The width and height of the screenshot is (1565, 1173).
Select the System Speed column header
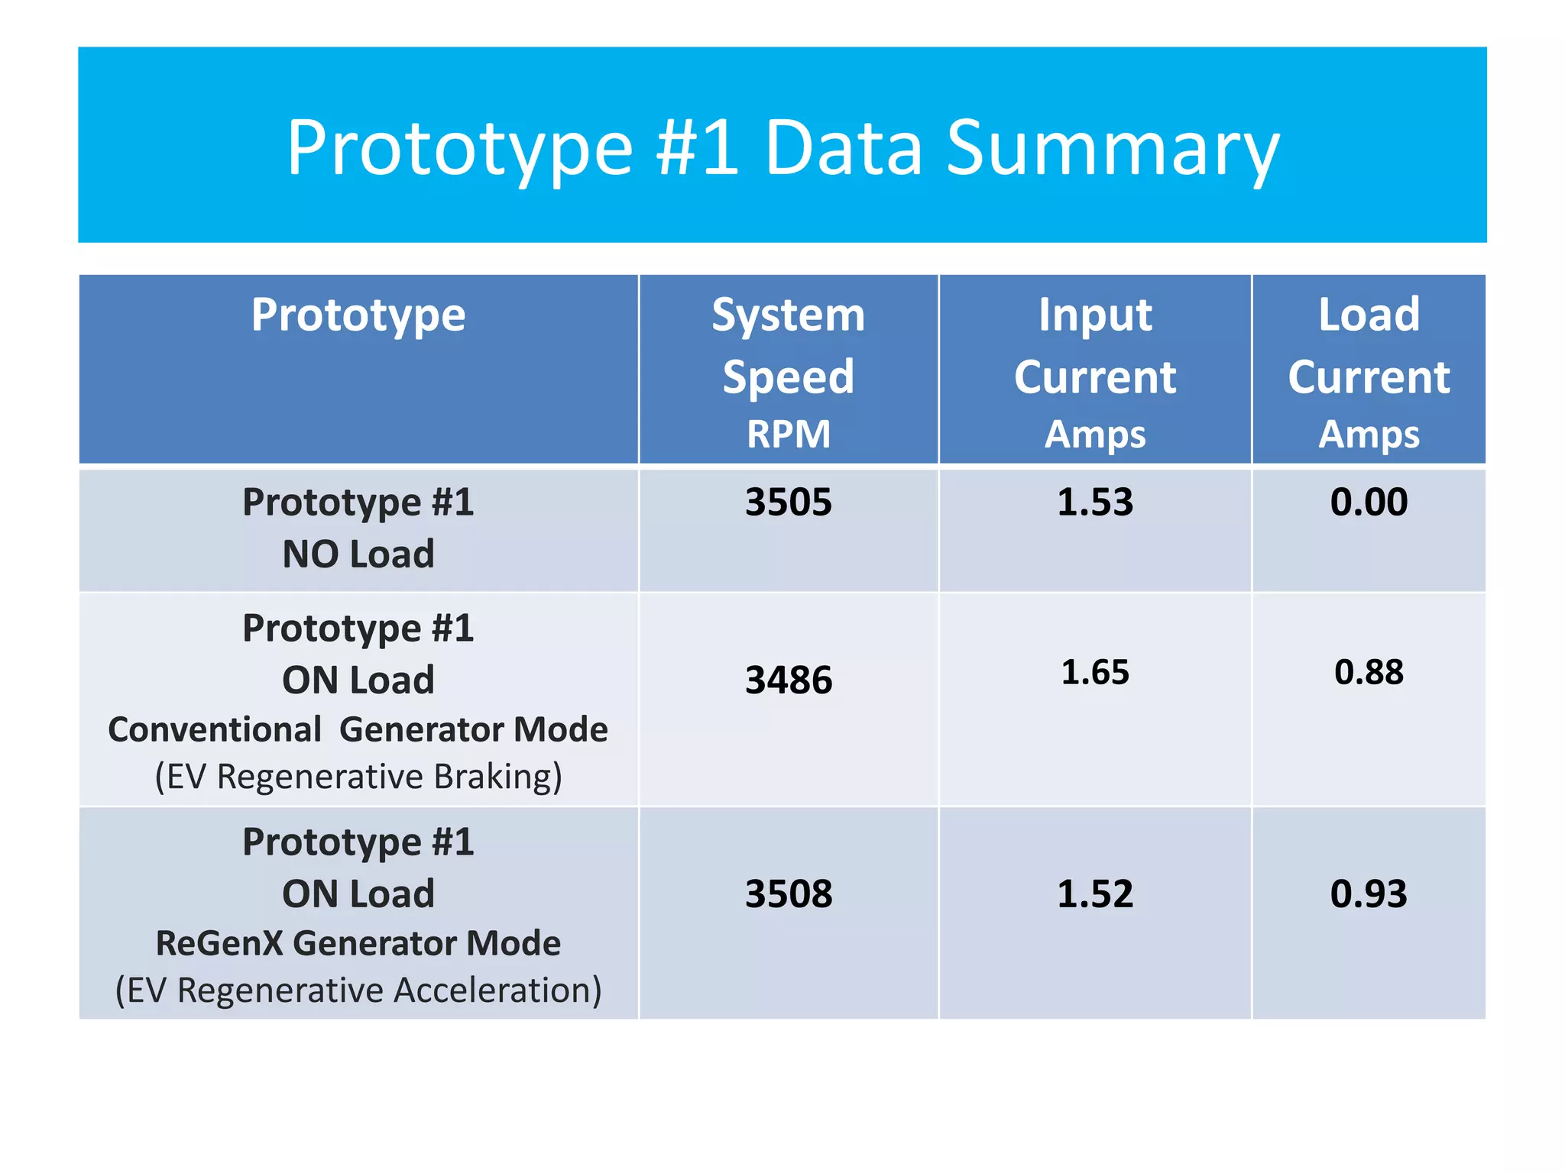[x=788, y=345]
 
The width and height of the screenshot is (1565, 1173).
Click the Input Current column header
[x=1094, y=345]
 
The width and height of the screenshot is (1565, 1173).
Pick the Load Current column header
[x=1369, y=345]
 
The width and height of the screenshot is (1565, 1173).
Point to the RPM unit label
[x=788, y=435]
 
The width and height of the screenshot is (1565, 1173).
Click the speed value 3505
[x=788, y=502]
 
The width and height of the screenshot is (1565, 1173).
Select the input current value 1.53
[x=1094, y=502]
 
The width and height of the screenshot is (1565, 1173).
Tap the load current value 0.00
[x=1369, y=502]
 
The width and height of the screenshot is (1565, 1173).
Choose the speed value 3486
[x=788, y=680]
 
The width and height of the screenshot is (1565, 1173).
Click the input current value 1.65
[x=1094, y=673]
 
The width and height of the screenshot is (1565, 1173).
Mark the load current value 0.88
[x=1369, y=673]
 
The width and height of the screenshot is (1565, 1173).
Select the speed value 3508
[x=788, y=894]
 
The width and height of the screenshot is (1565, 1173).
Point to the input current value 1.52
[x=1094, y=894]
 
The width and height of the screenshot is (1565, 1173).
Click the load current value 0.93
[x=1369, y=894]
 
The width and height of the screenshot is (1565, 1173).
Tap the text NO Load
[x=358, y=554]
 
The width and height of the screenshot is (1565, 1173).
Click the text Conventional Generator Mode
[x=358, y=730]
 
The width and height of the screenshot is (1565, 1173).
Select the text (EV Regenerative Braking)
[x=358, y=777]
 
